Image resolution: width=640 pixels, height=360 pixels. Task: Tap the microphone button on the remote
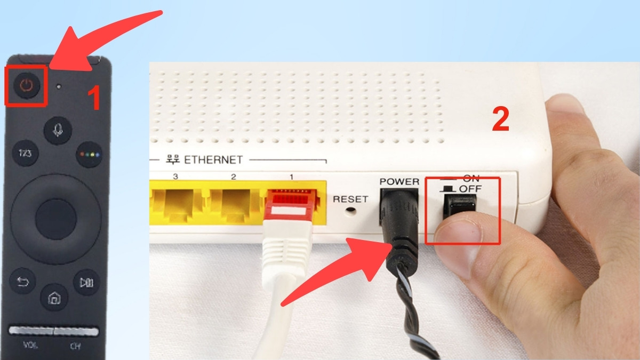(x=58, y=130)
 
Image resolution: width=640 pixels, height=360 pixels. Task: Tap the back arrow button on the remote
(x=22, y=281)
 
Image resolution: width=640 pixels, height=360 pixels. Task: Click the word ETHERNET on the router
(x=213, y=160)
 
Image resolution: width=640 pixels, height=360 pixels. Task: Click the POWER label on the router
(x=399, y=182)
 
